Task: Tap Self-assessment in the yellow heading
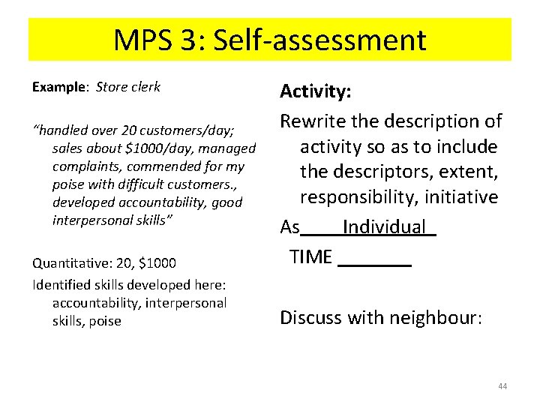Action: pyautogui.click(x=320, y=40)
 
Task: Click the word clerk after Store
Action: pyautogui.click(x=145, y=87)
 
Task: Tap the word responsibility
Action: pyautogui.click(x=361, y=197)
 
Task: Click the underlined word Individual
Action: pyautogui.click(x=384, y=226)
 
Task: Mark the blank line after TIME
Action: pyautogui.click(x=375, y=259)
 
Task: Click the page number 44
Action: pyautogui.click(x=502, y=386)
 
